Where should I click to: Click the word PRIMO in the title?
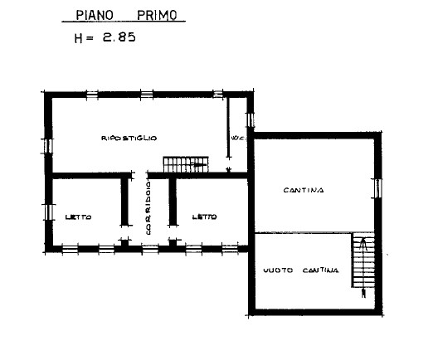click(159, 15)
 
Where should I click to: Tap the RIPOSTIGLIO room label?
click(129, 137)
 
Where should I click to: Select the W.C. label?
click(235, 137)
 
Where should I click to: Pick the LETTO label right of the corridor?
click(204, 217)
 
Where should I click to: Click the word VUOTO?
click(279, 270)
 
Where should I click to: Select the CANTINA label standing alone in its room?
click(303, 190)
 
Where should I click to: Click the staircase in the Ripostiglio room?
click(183, 164)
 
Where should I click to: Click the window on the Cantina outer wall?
click(379, 189)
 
